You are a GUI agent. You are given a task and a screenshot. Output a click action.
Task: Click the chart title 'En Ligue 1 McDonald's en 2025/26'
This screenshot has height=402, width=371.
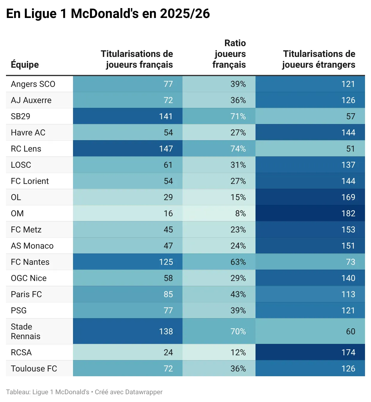(x=108, y=14)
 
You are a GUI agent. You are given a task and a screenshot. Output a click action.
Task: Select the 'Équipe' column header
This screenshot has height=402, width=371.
(x=25, y=64)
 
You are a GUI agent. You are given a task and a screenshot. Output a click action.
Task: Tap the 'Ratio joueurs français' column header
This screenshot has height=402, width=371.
(x=229, y=54)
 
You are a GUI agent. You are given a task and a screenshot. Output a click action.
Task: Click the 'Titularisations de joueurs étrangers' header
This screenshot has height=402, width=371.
(x=319, y=59)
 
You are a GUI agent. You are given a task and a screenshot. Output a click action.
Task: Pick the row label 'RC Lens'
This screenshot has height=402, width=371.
(x=26, y=149)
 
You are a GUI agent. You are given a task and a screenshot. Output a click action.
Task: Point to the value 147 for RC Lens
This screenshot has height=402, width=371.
(x=166, y=149)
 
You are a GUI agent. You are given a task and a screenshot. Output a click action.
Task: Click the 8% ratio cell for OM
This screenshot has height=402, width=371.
(x=241, y=214)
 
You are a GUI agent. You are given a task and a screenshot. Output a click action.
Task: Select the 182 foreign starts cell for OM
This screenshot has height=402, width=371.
(x=348, y=214)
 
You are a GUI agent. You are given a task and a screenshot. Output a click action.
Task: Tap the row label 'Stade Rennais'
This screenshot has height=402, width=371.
(x=25, y=331)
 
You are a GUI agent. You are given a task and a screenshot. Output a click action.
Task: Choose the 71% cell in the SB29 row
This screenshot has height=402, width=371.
(x=238, y=117)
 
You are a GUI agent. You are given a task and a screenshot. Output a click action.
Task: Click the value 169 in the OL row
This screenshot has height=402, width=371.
(x=348, y=197)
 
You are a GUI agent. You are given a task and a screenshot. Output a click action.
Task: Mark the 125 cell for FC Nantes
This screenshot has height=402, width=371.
(x=166, y=262)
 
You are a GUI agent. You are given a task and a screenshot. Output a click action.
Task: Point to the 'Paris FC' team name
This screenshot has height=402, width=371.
(x=26, y=294)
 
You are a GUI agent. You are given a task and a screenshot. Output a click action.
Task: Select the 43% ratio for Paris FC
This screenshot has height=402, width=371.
(x=238, y=294)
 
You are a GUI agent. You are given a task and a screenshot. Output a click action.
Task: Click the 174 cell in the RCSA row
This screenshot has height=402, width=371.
(x=348, y=353)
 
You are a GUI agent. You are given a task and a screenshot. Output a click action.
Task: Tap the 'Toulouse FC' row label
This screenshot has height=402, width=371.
(x=34, y=369)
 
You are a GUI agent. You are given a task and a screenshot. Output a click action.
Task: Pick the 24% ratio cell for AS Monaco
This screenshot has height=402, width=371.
(x=238, y=246)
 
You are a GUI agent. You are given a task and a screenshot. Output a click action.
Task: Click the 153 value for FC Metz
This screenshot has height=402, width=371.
(x=348, y=230)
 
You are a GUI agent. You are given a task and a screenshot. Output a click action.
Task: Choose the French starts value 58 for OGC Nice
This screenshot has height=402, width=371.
(x=168, y=278)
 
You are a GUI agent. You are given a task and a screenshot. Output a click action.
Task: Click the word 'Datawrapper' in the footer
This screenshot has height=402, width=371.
(x=144, y=392)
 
